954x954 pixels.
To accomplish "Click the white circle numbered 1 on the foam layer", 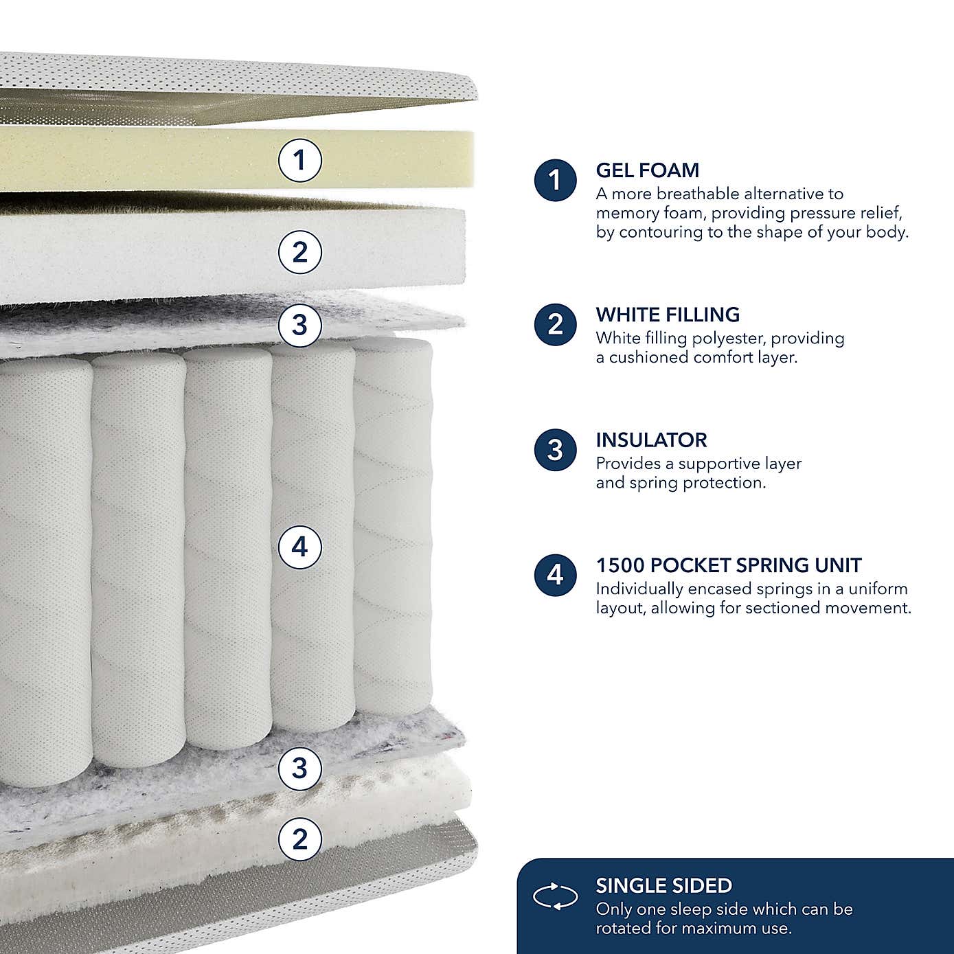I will coord(299,161).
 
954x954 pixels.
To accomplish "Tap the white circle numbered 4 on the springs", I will coord(299,547).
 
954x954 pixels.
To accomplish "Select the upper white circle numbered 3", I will coord(299,324).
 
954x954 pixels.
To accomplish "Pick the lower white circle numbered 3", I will coord(299,767).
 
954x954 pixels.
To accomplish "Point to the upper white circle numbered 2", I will coord(299,252).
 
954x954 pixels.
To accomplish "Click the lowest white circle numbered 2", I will coord(299,839).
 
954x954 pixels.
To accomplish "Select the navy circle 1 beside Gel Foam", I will coord(555,181).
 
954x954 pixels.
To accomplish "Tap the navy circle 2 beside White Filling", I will coord(555,324).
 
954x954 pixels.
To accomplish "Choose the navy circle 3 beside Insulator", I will coord(555,450).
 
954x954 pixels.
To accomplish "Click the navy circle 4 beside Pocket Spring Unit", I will coord(555,575).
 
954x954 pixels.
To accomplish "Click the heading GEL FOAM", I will coord(647,170).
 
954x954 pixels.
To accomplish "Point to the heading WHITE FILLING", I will coord(668,315).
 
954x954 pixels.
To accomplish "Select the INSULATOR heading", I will coord(651,440).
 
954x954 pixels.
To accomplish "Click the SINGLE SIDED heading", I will coord(663,885).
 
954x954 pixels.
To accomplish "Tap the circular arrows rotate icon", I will coord(555,896).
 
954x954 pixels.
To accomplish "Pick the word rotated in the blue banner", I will coord(624,929).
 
